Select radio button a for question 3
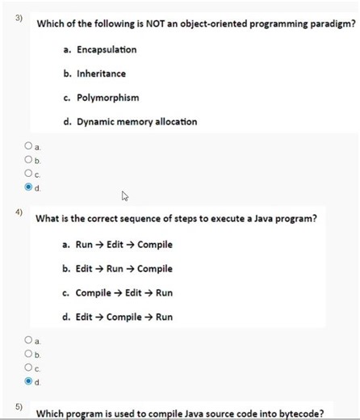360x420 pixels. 28,146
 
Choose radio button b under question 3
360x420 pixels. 28,160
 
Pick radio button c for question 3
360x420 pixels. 28,174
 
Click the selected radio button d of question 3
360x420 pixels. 28,187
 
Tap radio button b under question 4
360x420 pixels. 28,354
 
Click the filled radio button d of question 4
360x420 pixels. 28,380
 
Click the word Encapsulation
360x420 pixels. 107,50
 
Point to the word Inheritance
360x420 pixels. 101,73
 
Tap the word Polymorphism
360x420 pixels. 107,98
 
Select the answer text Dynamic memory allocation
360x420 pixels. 136,122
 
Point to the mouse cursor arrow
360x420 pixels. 125,195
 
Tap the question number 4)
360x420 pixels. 19,212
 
